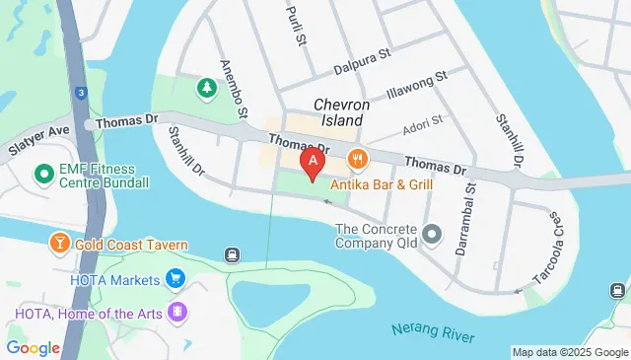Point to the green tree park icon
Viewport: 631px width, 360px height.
[207, 89]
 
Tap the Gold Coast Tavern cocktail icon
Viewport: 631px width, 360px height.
[59, 243]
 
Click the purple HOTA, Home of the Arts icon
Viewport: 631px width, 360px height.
[177, 313]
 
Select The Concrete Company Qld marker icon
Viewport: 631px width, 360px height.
[431, 235]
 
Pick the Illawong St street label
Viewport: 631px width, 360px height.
[417, 84]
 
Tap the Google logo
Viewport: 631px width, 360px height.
[33, 347]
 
